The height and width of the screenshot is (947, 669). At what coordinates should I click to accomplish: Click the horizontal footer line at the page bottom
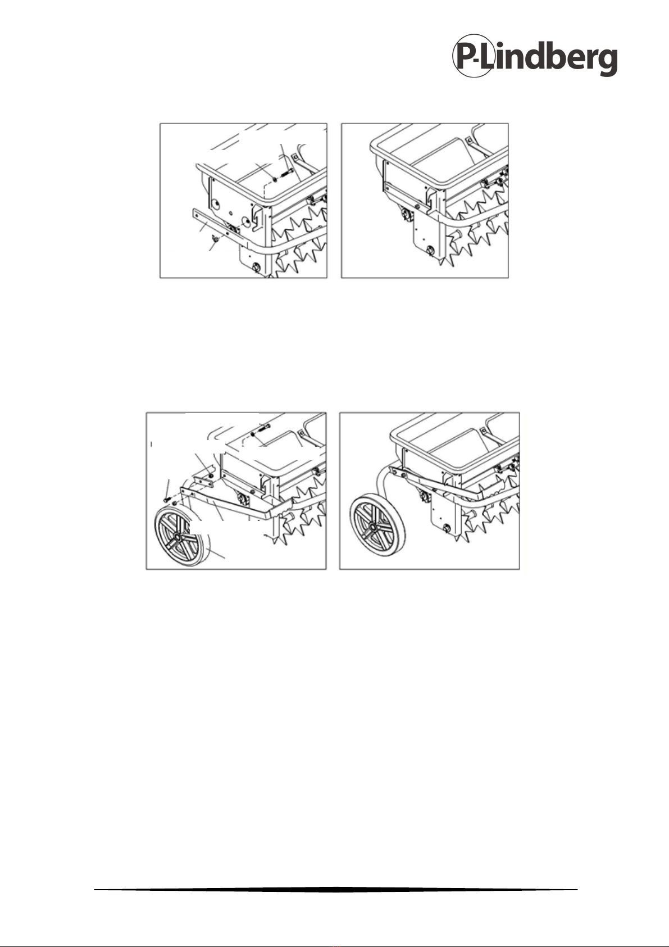(x=335, y=889)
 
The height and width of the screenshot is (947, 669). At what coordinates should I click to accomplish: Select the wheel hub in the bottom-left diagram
(x=176, y=536)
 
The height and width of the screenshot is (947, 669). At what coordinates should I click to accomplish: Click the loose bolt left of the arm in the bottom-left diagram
(x=166, y=499)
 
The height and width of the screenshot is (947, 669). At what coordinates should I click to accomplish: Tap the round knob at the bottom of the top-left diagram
(x=255, y=267)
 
